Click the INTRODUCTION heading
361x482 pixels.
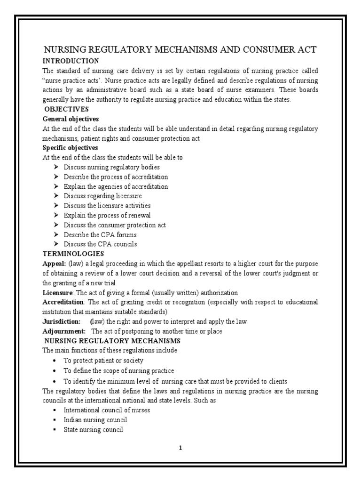pyautogui.click(x=71, y=61)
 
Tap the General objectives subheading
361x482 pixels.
pyautogui.click(x=71, y=119)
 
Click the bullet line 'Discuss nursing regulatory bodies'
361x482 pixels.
pyautogui.click(x=111, y=167)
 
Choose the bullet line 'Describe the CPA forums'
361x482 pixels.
pyautogui.click(x=100, y=234)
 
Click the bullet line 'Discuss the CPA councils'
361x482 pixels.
pyautogui.click(x=100, y=244)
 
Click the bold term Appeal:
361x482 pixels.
pyautogui.click(x=54, y=264)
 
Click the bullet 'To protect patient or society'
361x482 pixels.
pyautogui.click(x=103, y=361)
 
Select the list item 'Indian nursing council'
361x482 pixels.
pyautogui.click(x=95, y=420)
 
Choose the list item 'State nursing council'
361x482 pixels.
pyautogui.click(x=94, y=429)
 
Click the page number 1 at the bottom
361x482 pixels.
pyautogui.click(x=180, y=448)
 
